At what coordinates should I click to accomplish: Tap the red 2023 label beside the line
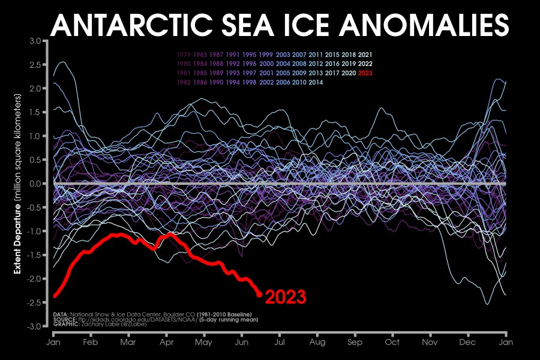pyautogui.click(x=286, y=297)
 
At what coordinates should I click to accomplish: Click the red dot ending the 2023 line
pyautogui.click(x=259, y=294)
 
